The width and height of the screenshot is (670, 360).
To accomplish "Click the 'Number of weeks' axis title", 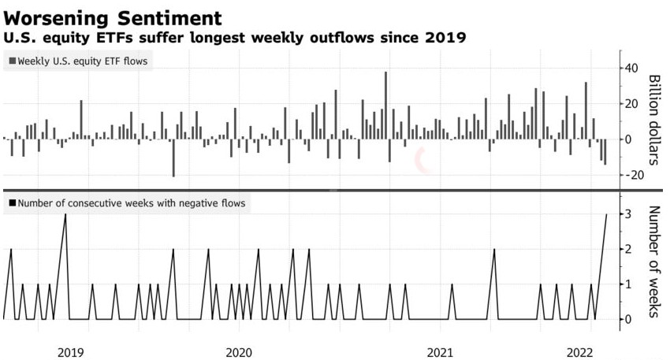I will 653,262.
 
